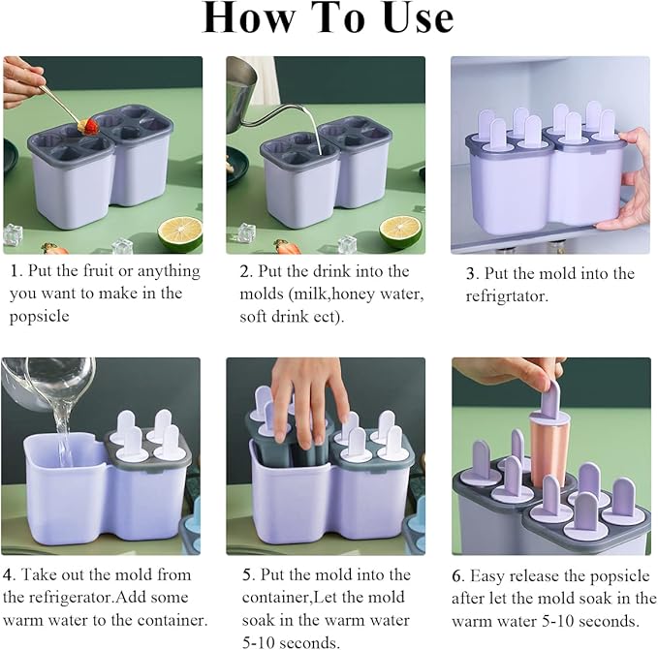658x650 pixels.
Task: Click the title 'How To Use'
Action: pyautogui.click(x=329, y=17)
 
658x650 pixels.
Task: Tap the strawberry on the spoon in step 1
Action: pyautogui.click(x=89, y=125)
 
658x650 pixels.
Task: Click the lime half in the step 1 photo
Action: pyautogui.click(x=180, y=233)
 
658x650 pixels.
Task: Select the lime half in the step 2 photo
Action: pyautogui.click(x=400, y=232)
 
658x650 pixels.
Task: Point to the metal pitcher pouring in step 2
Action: pyautogui.click(x=241, y=92)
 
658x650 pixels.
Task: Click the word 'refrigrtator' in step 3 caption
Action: pyautogui.click(x=507, y=296)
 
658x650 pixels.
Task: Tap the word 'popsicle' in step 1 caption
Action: pyautogui.click(x=39, y=316)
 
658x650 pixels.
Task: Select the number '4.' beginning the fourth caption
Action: pyautogui.click(x=9, y=574)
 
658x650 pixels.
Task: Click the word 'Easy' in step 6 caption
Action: pyautogui.click(x=486, y=576)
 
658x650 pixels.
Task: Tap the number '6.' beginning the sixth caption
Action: pyautogui.click(x=457, y=576)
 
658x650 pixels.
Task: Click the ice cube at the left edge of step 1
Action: pyautogui.click(x=12, y=234)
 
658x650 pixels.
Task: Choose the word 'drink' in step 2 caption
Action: pyautogui.click(x=331, y=271)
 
